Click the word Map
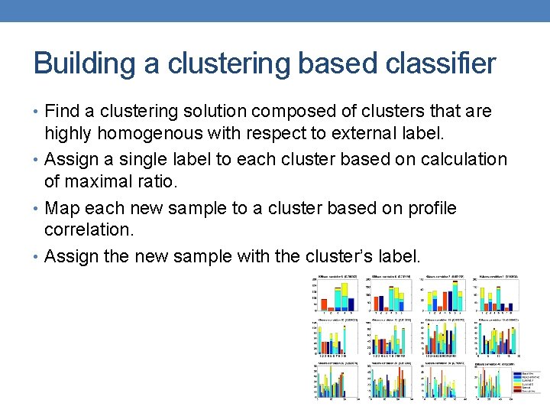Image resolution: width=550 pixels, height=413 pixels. click(62, 208)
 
